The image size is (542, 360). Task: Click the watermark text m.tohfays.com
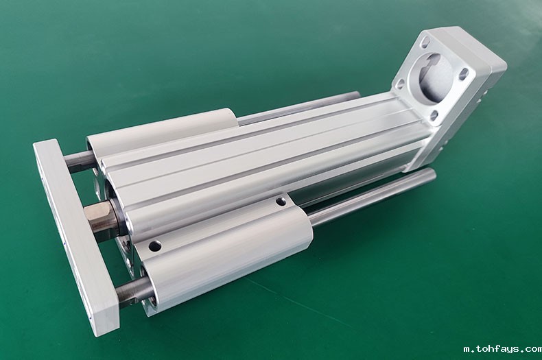(x=503, y=349)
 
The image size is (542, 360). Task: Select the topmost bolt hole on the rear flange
(x=425, y=44)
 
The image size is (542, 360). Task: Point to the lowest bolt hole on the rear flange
(x=434, y=116)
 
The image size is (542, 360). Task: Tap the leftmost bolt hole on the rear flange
(x=400, y=84)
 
